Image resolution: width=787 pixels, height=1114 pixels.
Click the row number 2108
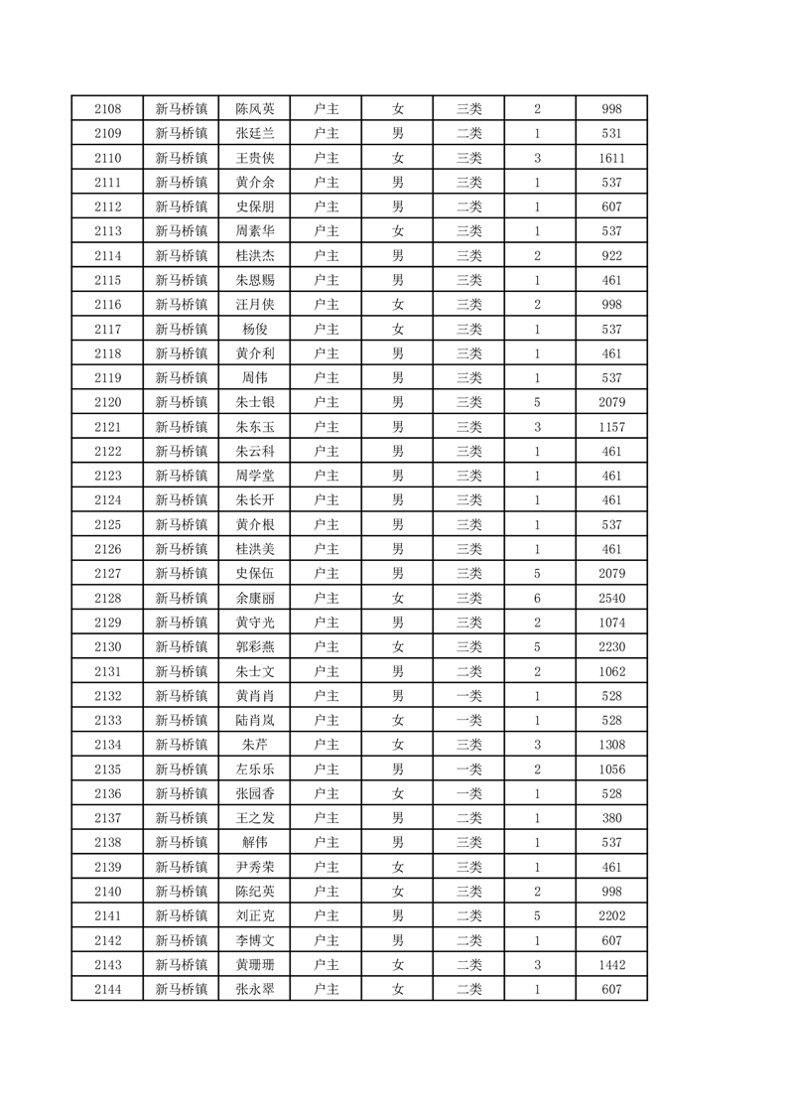tap(107, 109)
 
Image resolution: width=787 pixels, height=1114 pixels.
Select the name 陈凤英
tap(255, 109)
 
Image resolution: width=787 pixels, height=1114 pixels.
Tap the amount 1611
tap(611, 158)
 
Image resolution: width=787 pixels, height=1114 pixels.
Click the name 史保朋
tap(255, 207)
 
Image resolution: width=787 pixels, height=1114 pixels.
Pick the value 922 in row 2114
tap(611, 256)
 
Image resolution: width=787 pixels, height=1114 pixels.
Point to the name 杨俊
tap(255, 330)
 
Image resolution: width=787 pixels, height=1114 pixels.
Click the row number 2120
tap(107, 403)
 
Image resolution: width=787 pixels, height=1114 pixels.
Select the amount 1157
tap(611, 427)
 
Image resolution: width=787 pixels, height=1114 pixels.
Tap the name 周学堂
tap(255, 476)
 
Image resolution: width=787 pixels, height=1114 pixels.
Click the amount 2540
tap(611, 599)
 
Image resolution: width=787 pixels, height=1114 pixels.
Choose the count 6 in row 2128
tap(537, 599)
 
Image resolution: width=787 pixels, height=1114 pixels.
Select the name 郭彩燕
tap(255, 647)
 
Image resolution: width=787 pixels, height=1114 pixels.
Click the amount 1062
tap(611, 672)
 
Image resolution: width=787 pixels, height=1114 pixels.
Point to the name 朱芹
tap(255, 745)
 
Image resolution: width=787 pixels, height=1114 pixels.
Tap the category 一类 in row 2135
tap(468, 769)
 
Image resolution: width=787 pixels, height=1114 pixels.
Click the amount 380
tap(611, 818)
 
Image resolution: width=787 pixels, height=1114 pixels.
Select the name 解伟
tap(255, 843)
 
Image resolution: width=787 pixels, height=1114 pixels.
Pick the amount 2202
tap(611, 916)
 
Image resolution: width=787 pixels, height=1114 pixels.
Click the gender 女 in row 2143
tap(397, 965)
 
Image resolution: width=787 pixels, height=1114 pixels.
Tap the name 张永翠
tap(255, 990)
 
